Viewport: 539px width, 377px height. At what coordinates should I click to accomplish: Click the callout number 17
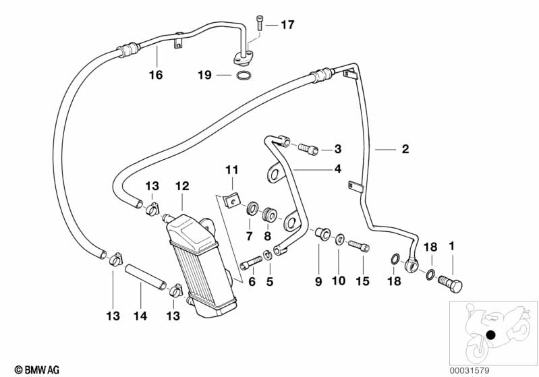point(287,26)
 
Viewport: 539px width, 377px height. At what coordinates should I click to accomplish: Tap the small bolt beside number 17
point(260,24)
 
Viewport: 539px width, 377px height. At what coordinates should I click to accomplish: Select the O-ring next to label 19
point(246,74)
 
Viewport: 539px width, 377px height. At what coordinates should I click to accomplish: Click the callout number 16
point(156,75)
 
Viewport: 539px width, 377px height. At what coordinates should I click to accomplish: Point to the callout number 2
point(405,150)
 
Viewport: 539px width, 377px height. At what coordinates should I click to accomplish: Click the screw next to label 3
point(307,148)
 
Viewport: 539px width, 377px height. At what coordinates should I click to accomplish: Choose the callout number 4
point(337,169)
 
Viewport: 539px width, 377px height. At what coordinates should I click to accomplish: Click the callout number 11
point(232,169)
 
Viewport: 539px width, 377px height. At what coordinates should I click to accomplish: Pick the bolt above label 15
point(359,248)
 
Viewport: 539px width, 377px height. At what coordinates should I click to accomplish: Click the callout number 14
point(140,316)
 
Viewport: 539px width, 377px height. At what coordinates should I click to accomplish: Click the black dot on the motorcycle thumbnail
point(491,335)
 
